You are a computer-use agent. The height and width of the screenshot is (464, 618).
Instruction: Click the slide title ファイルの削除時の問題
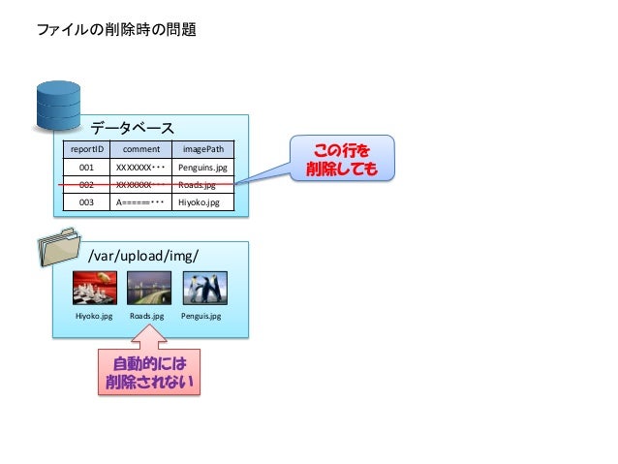click(116, 30)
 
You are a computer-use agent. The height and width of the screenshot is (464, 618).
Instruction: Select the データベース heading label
click(133, 128)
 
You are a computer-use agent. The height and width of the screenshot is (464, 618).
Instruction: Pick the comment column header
click(140, 150)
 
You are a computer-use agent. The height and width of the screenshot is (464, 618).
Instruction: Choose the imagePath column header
click(203, 150)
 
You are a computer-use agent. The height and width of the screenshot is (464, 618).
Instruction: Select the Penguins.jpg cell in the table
click(203, 168)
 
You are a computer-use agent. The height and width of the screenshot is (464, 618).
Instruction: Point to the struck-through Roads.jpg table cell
click(203, 185)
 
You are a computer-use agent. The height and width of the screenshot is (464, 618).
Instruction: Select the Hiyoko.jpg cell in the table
click(203, 202)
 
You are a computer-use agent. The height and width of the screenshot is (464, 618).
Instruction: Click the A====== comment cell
click(140, 202)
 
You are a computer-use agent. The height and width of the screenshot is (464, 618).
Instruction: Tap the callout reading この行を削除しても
click(338, 159)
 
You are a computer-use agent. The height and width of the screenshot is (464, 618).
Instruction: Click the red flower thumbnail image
click(95, 288)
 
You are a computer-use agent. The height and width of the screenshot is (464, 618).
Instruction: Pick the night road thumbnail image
click(149, 288)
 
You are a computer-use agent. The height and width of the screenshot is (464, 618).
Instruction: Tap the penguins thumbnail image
click(204, 288)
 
